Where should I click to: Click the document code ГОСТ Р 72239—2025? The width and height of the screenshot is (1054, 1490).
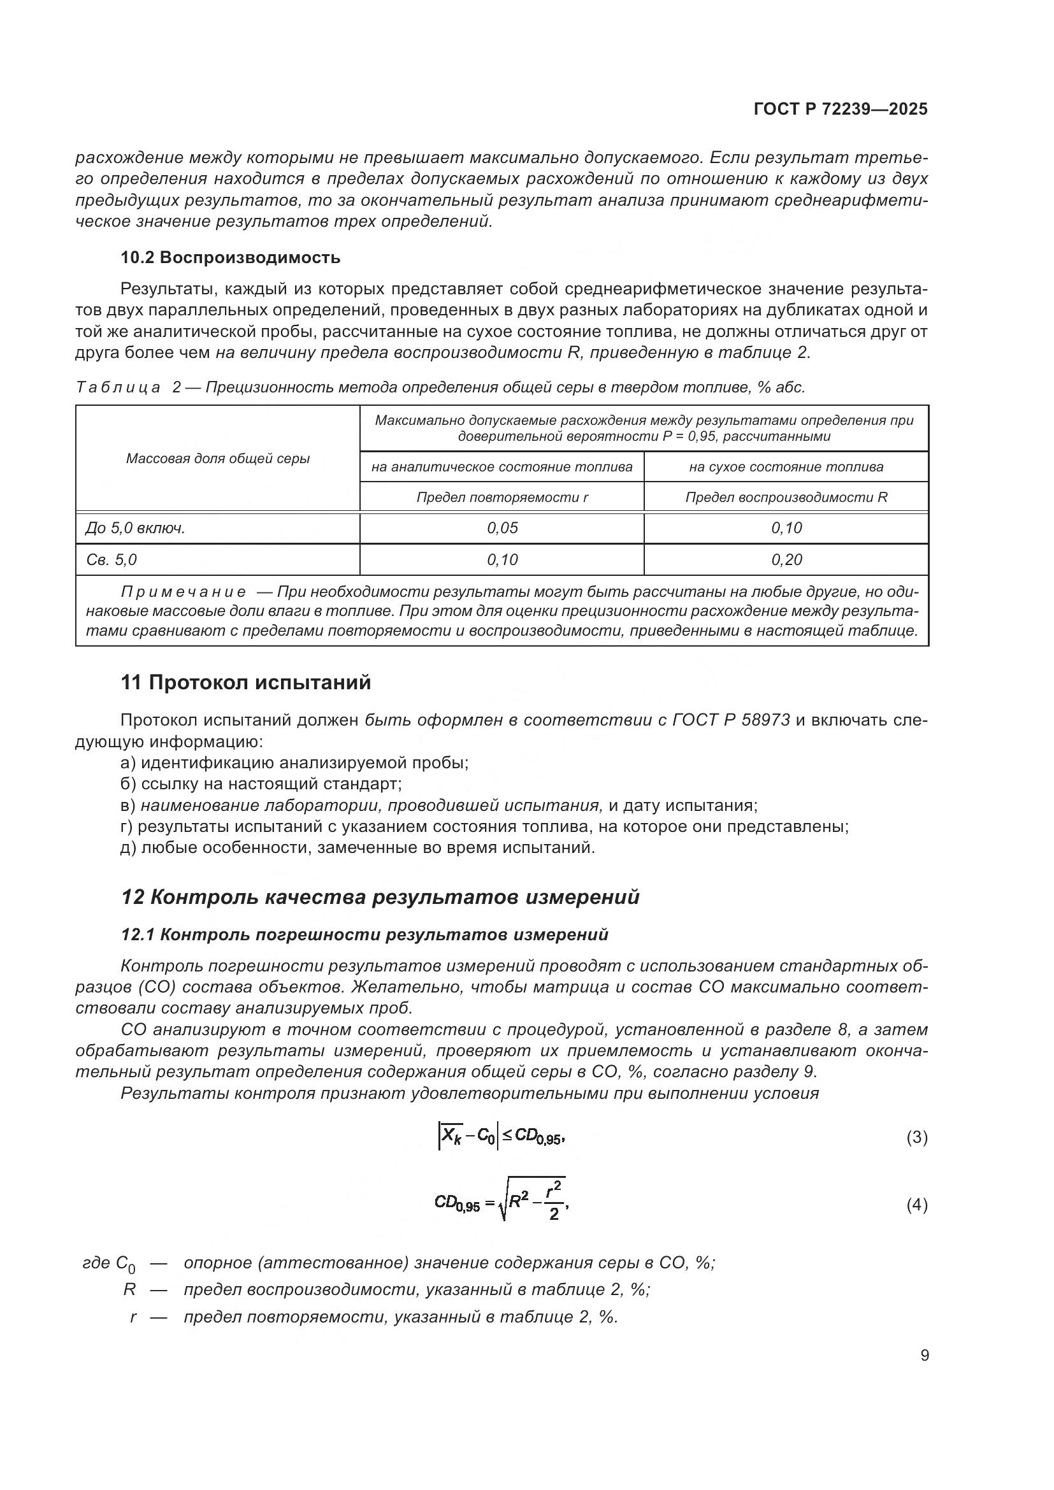point(841,110)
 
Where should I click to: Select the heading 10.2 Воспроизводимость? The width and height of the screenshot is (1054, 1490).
point(231,257)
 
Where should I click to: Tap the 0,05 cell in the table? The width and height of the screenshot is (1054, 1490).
point(502,528)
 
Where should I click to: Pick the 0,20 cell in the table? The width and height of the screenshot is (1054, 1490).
point(786,560)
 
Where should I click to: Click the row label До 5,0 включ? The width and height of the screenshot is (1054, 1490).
point(136,528)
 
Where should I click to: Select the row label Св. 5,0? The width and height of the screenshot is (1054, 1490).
point(112,560)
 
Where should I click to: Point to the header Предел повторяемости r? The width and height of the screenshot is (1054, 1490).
point(502,498)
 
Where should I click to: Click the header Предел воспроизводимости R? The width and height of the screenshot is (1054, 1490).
point(786,498)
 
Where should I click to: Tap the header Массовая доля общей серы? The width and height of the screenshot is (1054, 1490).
point(217,459)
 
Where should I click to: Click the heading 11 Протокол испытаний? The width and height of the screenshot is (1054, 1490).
point(246,683)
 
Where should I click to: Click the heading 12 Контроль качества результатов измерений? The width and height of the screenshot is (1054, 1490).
point(380,897)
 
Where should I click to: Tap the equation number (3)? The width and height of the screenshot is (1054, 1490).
point(916,1138)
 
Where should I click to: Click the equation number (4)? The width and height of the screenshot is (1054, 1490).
point(916,1205)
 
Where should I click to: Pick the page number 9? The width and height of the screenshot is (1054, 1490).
point(924,1356)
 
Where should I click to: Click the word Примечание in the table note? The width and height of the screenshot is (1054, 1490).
point(183,592)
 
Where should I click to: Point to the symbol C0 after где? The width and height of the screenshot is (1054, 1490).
point(126,1264)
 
